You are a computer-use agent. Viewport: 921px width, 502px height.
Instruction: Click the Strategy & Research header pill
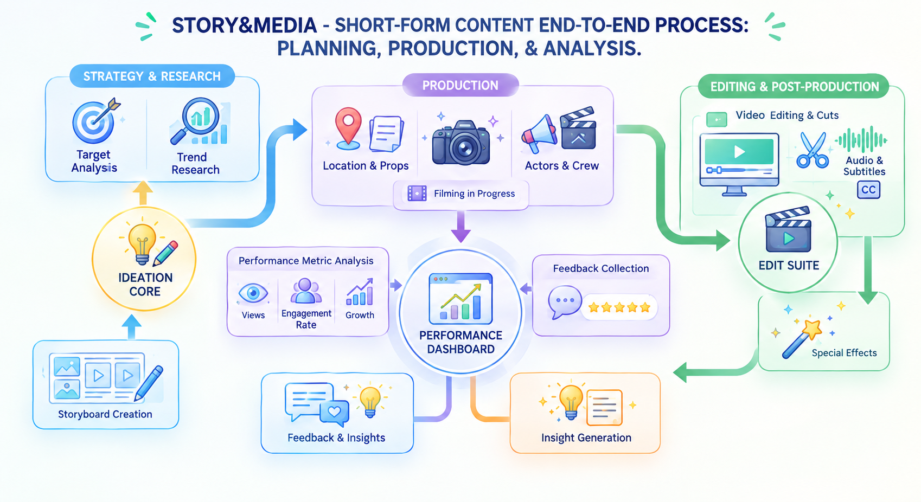click(x=152, y=76)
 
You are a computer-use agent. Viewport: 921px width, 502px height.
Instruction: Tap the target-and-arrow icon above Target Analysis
click(x=95, y=120)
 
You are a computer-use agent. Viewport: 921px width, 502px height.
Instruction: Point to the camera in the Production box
click(x=461, y=143)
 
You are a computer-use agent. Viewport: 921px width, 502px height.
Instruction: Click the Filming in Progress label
click(x=474, y=194)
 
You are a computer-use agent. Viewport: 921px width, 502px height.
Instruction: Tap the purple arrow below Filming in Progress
click(x=461, y=227)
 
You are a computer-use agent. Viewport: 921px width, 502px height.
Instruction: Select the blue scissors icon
click(x=813, y=150)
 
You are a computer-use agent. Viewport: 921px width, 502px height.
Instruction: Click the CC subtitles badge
click(x=868, y=190)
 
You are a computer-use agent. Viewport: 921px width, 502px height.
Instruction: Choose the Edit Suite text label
click(x=789, y=266)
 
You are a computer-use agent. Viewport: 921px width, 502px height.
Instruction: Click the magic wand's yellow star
click(x=812, y=330)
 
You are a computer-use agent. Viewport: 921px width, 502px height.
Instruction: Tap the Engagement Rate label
click(x=306, y=319)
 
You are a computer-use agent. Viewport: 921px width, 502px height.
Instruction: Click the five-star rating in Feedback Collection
click(x=619, y=307)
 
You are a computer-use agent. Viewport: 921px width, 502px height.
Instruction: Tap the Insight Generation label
click(x=586, y=437)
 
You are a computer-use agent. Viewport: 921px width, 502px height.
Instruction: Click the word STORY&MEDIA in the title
click(x=244, y=25)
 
